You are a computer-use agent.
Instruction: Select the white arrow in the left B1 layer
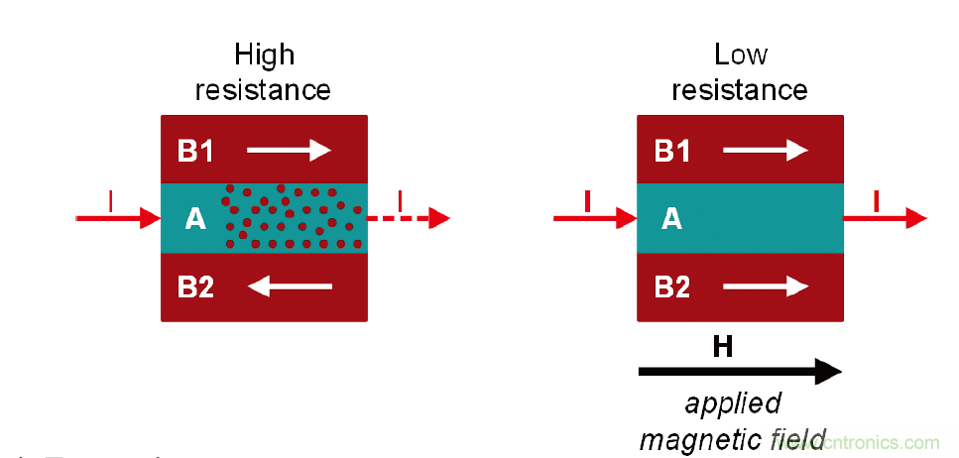[288, 151]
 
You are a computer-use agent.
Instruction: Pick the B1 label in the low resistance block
[672, 151]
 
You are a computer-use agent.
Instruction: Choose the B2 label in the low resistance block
[672, 287]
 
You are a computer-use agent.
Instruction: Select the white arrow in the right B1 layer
[766, 151]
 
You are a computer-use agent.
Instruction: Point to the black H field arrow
[739, 372]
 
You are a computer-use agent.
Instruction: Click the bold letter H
[723, 346]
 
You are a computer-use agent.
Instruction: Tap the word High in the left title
[264, 56]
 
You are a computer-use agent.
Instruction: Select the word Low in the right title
[740, 54]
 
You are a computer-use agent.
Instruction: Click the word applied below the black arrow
[732, 404]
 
